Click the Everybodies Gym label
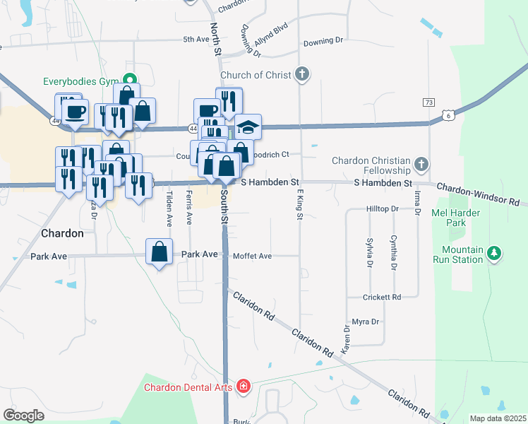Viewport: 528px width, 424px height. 80,81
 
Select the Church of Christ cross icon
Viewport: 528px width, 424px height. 302,74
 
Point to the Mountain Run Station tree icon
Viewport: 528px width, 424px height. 495,254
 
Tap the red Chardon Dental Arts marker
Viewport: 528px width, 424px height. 244,387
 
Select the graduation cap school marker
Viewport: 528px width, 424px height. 248,126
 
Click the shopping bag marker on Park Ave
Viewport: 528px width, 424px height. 160,252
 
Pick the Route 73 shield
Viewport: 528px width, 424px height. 428,102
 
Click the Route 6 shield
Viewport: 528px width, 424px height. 448,114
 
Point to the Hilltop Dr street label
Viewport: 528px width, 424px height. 383,209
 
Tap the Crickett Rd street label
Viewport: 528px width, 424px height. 382,298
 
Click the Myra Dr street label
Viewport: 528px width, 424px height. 366,322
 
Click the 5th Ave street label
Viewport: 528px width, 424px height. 196,40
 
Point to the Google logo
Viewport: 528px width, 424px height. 23,416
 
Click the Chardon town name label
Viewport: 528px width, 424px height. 62,233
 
